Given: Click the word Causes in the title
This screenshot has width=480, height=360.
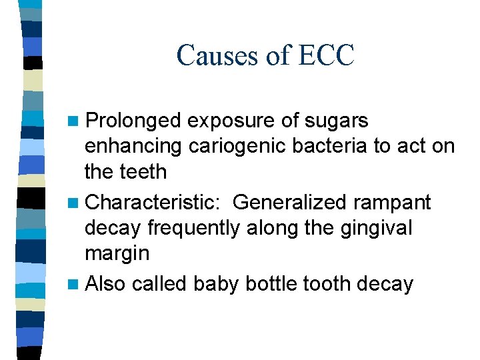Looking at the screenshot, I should click(x=217, y=55).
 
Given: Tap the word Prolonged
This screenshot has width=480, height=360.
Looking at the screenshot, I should click(x=134, y=121).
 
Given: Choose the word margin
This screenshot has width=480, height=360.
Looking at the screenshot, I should click(x=117, y=254).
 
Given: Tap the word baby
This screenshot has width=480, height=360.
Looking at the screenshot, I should click(x=216, y=284).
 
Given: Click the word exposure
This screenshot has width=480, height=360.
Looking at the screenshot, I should click(x=227, y=121).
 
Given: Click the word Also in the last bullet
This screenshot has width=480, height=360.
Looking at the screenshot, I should click(x=106, y=284).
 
